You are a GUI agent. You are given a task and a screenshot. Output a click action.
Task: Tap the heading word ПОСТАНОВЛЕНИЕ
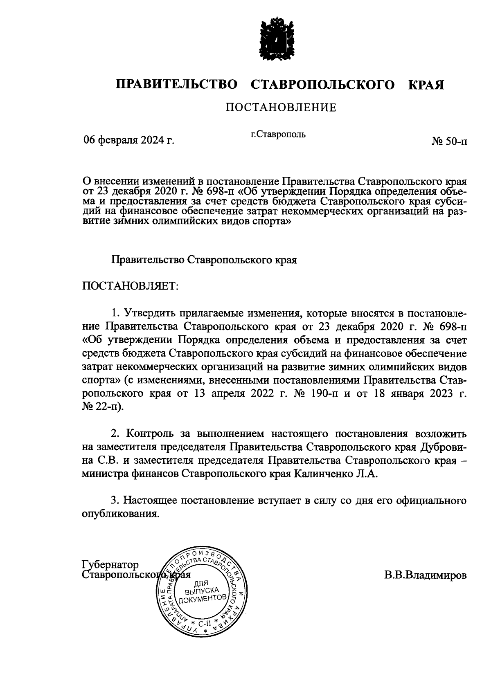[281, 108]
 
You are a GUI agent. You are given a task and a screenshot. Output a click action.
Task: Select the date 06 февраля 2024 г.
[129, 140]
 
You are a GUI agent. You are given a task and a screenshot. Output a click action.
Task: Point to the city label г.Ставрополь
[278, 134]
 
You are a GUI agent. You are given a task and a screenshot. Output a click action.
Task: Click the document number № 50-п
[449, 141]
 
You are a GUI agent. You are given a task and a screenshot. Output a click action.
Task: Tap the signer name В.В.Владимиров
[425, 575]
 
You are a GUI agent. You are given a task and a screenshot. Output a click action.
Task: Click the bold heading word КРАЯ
[426, 85]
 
